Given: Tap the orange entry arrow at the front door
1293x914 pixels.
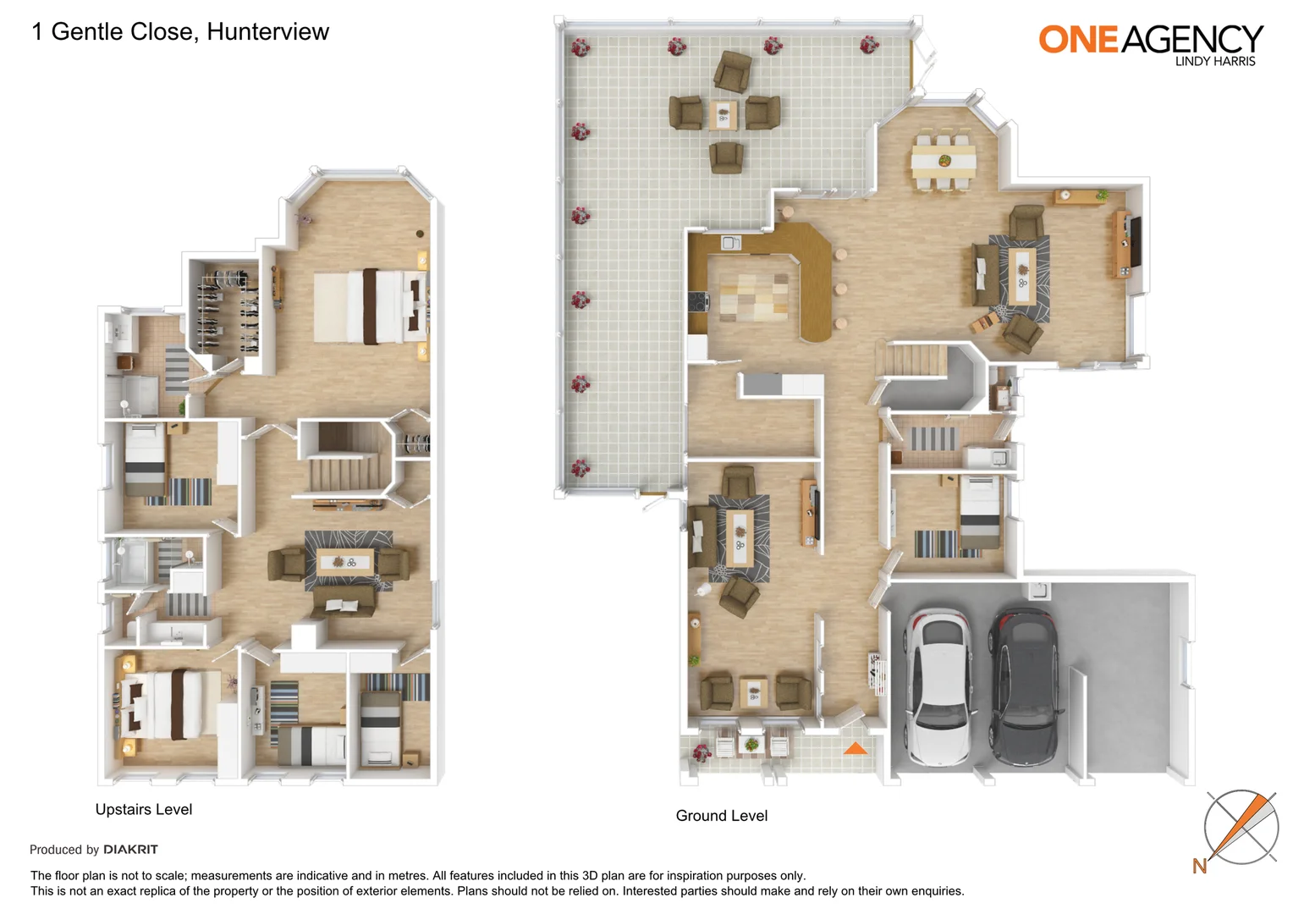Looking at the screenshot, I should [x=856, y=748].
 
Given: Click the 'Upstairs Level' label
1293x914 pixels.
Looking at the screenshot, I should [x=144, y=810].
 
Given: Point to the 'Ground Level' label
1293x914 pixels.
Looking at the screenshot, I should [x=722, y=816].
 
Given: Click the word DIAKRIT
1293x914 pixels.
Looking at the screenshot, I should [x=130, y=850].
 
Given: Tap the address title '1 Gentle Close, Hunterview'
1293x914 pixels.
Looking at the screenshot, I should [x=180, y=32].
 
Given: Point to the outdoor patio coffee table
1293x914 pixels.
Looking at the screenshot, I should [x=724, y=113].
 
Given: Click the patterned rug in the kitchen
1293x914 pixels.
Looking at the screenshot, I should [x=754, y=297].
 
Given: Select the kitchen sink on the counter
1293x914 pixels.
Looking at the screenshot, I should [x=730, y=243].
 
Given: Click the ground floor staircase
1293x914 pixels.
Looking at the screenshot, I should [x=911, y=360].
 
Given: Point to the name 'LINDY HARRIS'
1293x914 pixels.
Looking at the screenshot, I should [x=1215, y=62].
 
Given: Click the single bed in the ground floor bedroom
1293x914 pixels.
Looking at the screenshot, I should [x=979, y=512].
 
